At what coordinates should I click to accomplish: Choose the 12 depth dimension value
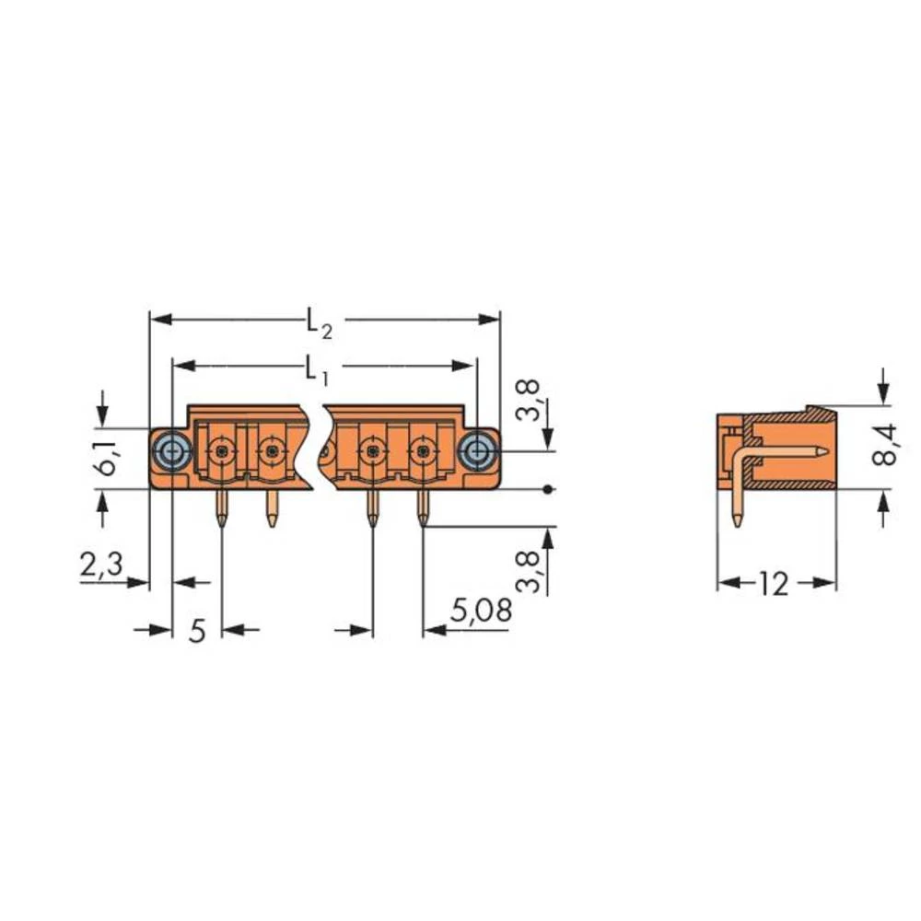(x=775, y=583)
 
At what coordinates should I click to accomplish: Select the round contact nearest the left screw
(x=221, y=451)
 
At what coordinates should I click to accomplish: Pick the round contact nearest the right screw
(x=423, y=451)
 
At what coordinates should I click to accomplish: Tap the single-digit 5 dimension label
(x=196, y=631)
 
